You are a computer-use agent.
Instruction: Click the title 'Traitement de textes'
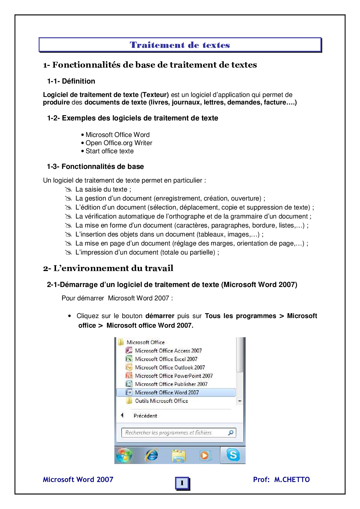tap(180, 45)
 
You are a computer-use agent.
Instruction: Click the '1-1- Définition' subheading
tap(71, 81)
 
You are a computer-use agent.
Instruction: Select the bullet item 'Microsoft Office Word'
tap(117, 135)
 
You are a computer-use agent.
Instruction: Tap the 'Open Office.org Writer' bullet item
tap(119, 143)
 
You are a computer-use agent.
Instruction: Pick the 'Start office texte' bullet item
tap(109, 151)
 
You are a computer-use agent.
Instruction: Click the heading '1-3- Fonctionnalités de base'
tap(95, 167)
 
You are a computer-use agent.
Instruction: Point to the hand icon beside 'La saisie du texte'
tap(68, 189)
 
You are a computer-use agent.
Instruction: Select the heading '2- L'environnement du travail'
tap(108, 268)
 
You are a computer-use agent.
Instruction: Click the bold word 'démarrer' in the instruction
tap(160, 316)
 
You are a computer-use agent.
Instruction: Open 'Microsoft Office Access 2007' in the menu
tap(168, 351)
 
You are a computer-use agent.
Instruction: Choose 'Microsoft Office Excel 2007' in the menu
tap(166, 359)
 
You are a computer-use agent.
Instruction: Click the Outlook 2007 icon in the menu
tap(129, 367)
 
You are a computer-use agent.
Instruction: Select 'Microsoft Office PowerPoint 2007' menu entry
tap(174, 376)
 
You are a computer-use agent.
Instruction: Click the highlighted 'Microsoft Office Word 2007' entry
tap(167, 392)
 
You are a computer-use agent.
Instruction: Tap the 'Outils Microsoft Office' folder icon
tap(129, 401)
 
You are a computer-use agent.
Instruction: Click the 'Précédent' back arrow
tap(122, 415)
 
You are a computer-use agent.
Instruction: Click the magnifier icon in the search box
tap(231, 433)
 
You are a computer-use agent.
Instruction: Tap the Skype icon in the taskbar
tap(233, 455)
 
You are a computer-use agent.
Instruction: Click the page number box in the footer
tap(182, 483)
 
